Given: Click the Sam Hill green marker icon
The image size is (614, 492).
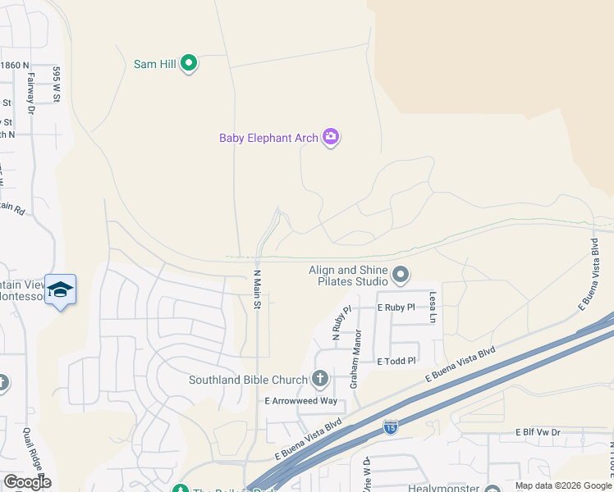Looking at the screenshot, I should coord(189,63).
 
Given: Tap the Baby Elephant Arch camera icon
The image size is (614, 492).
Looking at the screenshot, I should coord(331,137).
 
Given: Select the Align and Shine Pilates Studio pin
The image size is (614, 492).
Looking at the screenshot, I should coord(400,275).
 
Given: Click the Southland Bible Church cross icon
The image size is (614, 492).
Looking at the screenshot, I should coord(320,379).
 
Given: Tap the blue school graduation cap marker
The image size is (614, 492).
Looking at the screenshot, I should coord(61,289).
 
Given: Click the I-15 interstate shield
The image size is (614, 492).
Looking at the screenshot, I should coord(391,427).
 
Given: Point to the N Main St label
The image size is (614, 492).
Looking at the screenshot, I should coord(257,290).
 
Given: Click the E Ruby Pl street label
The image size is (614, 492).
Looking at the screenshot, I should coord(396,307).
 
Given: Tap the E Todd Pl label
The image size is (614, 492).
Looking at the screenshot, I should coord(396,361).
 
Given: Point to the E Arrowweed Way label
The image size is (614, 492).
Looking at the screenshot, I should coord(300,401).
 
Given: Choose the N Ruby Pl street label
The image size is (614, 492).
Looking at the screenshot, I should coord(337,322).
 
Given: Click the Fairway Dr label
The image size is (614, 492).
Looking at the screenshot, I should coord(31,90).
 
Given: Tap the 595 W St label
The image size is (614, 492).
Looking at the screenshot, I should coord(57,84).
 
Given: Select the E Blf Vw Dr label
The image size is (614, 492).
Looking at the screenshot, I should coord(538,432).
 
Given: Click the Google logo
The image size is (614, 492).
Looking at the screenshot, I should coord(28,482).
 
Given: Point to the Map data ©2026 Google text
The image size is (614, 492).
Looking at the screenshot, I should coord(562,485).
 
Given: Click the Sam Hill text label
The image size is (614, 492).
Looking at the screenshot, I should coord(156,63).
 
